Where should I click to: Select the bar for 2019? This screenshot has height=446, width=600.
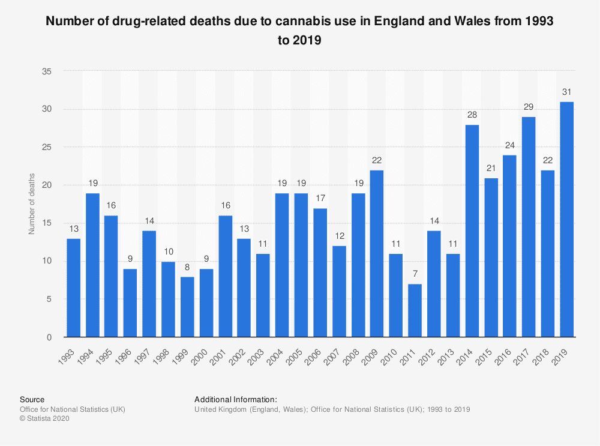[x=566, y=219]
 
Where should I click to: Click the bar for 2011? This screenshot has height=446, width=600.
[x=415, y=310]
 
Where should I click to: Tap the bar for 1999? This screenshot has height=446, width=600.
[x=187, y=307]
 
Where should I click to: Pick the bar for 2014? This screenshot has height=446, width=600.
[x=472, y=231]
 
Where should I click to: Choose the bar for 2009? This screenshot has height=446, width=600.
[x=377, y=253]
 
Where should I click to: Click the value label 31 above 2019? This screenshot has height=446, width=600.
[x=566, y=91]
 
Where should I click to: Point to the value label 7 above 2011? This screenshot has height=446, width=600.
[x=415, y=274]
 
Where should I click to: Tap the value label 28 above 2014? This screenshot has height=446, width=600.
[x=472, y=114]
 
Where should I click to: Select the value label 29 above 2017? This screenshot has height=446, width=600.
[x=529, y=106]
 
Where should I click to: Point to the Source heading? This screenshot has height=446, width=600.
[x=32, y=399]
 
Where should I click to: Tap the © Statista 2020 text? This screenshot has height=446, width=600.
[x=45, y=419]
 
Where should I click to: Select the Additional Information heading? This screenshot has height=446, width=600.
[x=236, y=399]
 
